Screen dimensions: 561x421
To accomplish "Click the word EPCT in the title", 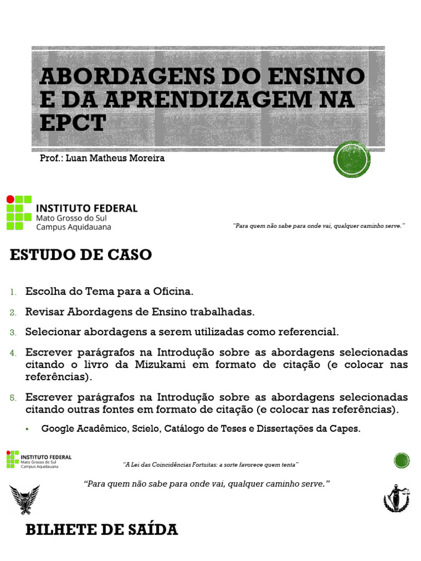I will [x=72, y=123].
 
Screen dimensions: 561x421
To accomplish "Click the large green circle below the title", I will [x=352, y=159].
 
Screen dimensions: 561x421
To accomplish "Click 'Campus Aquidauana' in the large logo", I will [x=73, y=227].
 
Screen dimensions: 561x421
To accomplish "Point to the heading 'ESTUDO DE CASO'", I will [x=81, y=255].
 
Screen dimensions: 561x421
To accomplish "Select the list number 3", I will [x=13, y=332].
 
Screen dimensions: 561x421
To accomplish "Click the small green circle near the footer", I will [x=402, y=461].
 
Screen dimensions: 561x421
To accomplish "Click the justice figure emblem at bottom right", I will [x=396, y=497].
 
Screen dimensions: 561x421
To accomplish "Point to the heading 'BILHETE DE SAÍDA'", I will [x=101, y=530].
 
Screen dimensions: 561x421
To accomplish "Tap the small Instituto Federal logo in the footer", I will [x=38, y=460].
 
